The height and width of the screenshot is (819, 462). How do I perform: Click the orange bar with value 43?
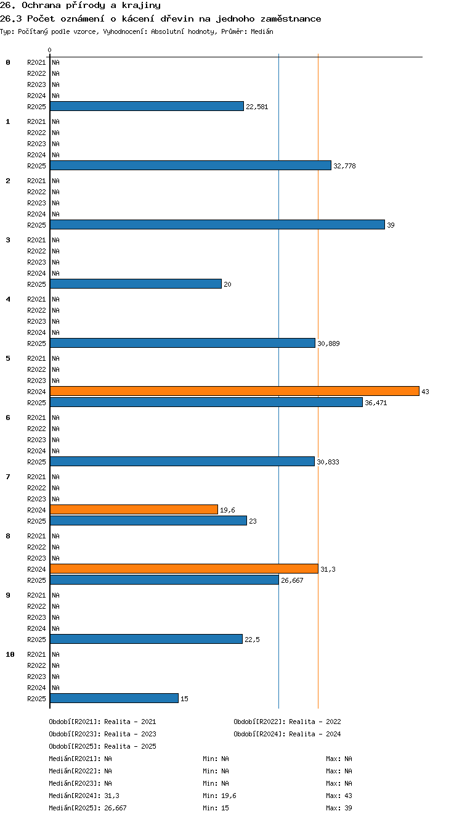pyautogui.click(x=235, y=391)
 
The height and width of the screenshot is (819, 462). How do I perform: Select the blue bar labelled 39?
pyautogui.click(x=217, y=224)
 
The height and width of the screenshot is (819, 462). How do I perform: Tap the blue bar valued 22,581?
pyautogui.click(x=147, y=106)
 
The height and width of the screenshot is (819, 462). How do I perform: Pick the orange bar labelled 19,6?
pyautogui.click(x=134, y=509)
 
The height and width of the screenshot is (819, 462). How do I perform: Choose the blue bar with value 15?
pyautogui.click(x=115, y=698)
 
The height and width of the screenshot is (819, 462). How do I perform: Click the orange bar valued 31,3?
pyautogui.click(x=184, y=569)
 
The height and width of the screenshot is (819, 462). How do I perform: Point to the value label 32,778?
pyautogui.click(x=344, y=166)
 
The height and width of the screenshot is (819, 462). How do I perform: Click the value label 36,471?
pyautogui.click(x=376, y=403)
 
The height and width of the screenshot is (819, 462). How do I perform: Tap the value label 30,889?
pyautogui.click(x=328, y=344)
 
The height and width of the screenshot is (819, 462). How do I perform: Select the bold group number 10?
pyautogui.click(x=10, y=654)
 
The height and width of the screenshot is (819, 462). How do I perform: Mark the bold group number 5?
pyautogui.click(x=8, y=358)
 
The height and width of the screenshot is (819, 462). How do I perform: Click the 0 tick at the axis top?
pyautogui.click(x=50, y=50)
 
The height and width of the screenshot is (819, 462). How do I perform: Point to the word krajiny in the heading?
pyautogui.click(x=141, y=6)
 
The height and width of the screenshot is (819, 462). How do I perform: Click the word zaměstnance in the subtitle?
pyautogui.click(x=291, y=19)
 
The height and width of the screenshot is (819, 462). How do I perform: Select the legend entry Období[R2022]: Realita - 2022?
pyautogui.click(x=287, y=722)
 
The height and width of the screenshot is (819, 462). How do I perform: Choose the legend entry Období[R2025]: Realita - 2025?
pyautogui.click(x=102, y=746)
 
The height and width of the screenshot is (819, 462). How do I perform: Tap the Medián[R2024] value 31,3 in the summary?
pyautogui.click(x=111, y=796)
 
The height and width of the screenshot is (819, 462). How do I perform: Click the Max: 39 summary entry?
pyautogui.click(x=339, y=808)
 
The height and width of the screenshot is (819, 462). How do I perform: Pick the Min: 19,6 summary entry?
pyautogui.click(x=219, y=796)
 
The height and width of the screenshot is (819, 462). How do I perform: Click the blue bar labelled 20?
pyautogui.click(x=136, y=284)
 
